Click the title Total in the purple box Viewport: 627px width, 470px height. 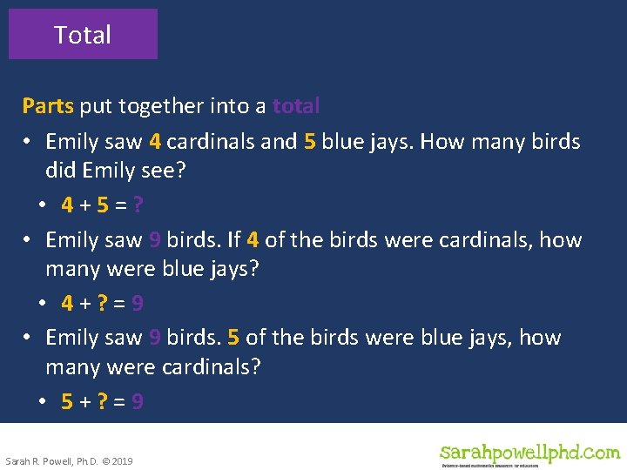83,35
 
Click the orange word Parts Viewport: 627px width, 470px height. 49,106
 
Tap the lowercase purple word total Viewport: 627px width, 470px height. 296,106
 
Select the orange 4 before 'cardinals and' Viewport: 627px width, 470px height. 155,141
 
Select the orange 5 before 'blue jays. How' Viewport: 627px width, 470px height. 309,141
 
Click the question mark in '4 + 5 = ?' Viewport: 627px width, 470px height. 138,205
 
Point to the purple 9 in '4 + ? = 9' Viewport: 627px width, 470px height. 138,304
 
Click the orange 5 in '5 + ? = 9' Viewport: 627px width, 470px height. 67,401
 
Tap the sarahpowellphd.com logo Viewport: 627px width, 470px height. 529,453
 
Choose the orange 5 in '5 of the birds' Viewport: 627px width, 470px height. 233,337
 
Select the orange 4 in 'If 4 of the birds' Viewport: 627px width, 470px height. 253,239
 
